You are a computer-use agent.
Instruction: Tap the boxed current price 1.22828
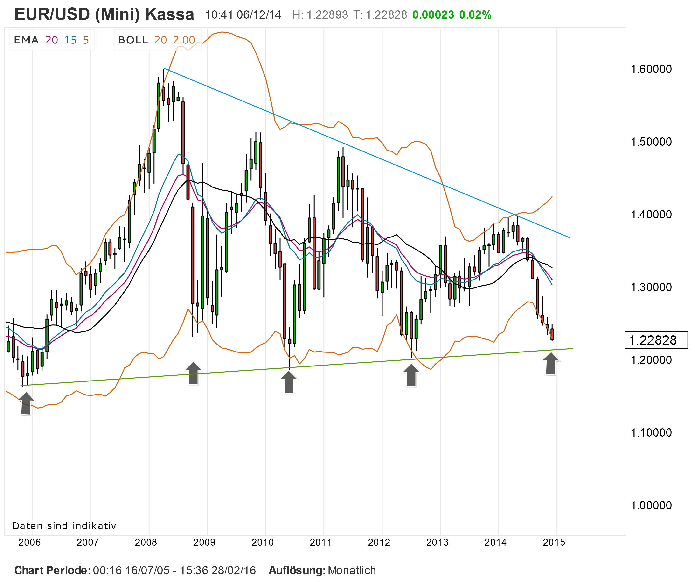pos(656,340)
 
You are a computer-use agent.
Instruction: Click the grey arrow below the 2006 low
pos(26,403)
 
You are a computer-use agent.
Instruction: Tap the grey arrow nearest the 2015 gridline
pos(551,364)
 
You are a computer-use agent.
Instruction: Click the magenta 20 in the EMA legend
pos(52,40)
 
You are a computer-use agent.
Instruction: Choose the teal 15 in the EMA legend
pos(70,40)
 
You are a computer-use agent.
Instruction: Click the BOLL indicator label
pos(133,40)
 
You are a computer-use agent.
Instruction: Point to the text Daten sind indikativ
pos(64,526)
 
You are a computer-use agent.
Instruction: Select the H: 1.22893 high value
pos(320,15)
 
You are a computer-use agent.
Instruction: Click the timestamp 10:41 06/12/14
pos(243,15)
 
